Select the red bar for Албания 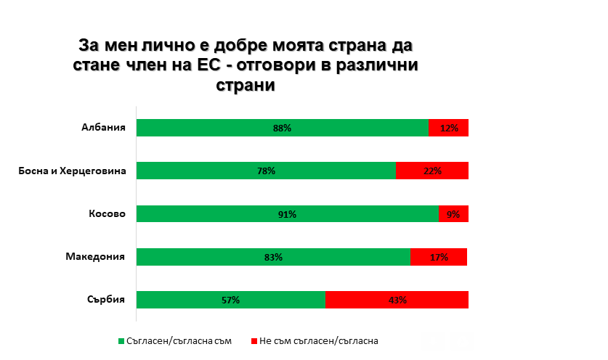448,128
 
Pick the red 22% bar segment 432,171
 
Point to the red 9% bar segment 453,214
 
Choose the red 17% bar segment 439,257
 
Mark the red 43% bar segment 397,300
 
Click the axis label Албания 104,128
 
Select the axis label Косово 108,213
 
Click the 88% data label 282,128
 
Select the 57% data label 231,300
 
